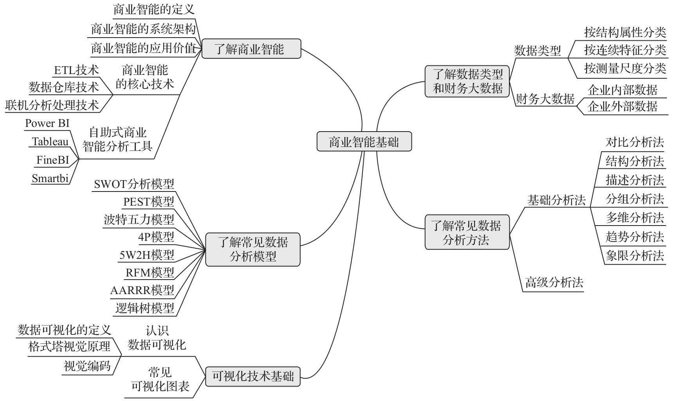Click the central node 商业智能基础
coord(364,141)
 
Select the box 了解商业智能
coord(251,49)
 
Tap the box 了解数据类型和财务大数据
coord(467,81)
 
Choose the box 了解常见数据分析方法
coord(467,232)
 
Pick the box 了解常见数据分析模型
coord(253,249)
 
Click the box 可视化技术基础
coord(253,376)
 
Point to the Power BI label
coord(47,123)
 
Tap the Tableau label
coord(50,141)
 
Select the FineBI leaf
coord(53,160)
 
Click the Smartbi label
coord(50,179)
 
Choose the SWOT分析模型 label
coord(134,184)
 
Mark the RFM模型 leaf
coord(150,272)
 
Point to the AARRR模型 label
coord(142,290)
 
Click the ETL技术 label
coord(76,70)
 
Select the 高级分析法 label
coord(554,282)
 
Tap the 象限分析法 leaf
coord(635,256)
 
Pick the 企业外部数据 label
coord(622,107)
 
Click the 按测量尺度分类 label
coord(625,69)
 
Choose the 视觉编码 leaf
coord(87,366)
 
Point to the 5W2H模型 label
coord(147,255)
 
